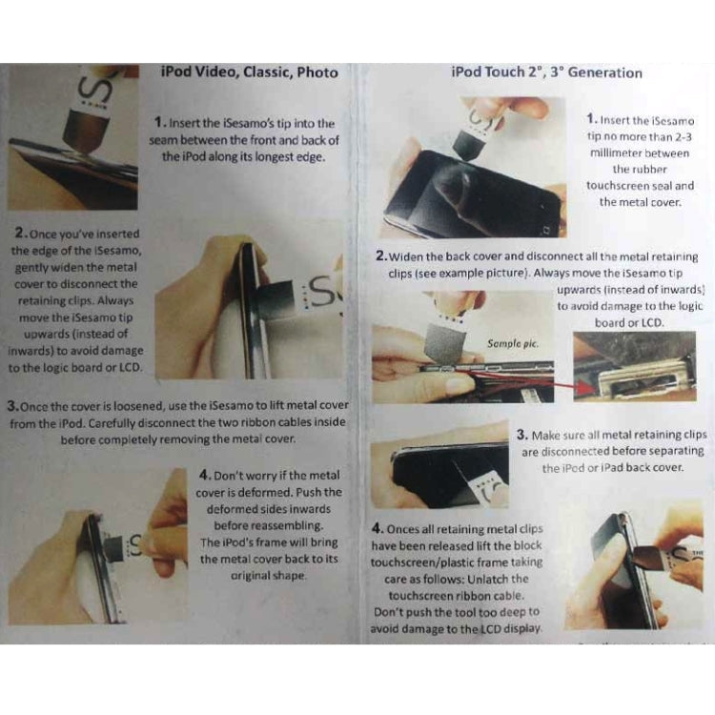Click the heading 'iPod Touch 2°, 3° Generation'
click(546, 73)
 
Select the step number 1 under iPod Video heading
click(160, 123)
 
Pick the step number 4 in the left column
click(205, 475)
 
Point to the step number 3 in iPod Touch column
click(522, 434)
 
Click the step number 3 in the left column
click(12, 405)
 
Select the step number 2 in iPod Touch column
click(380, 255)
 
